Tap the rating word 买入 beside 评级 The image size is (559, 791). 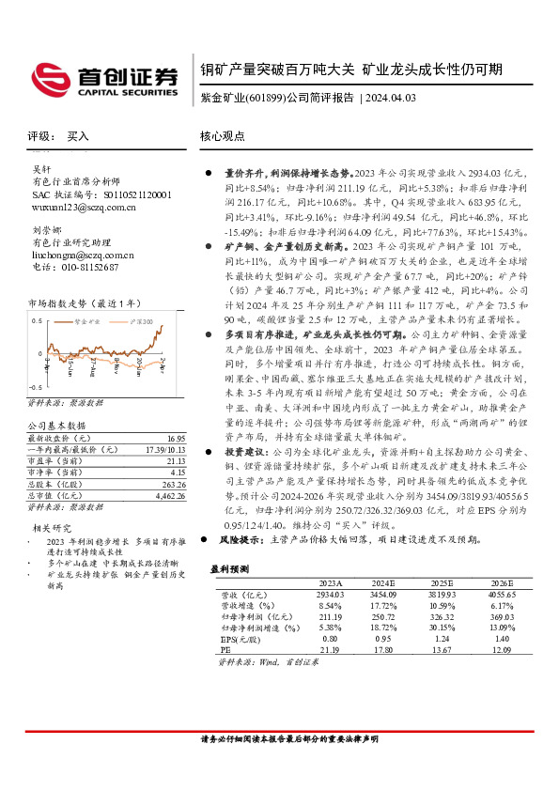coord(78,136)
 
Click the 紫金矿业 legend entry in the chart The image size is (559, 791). coord(89,321)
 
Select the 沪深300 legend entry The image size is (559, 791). coord(137,321)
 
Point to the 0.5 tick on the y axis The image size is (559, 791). coord(35,320)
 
